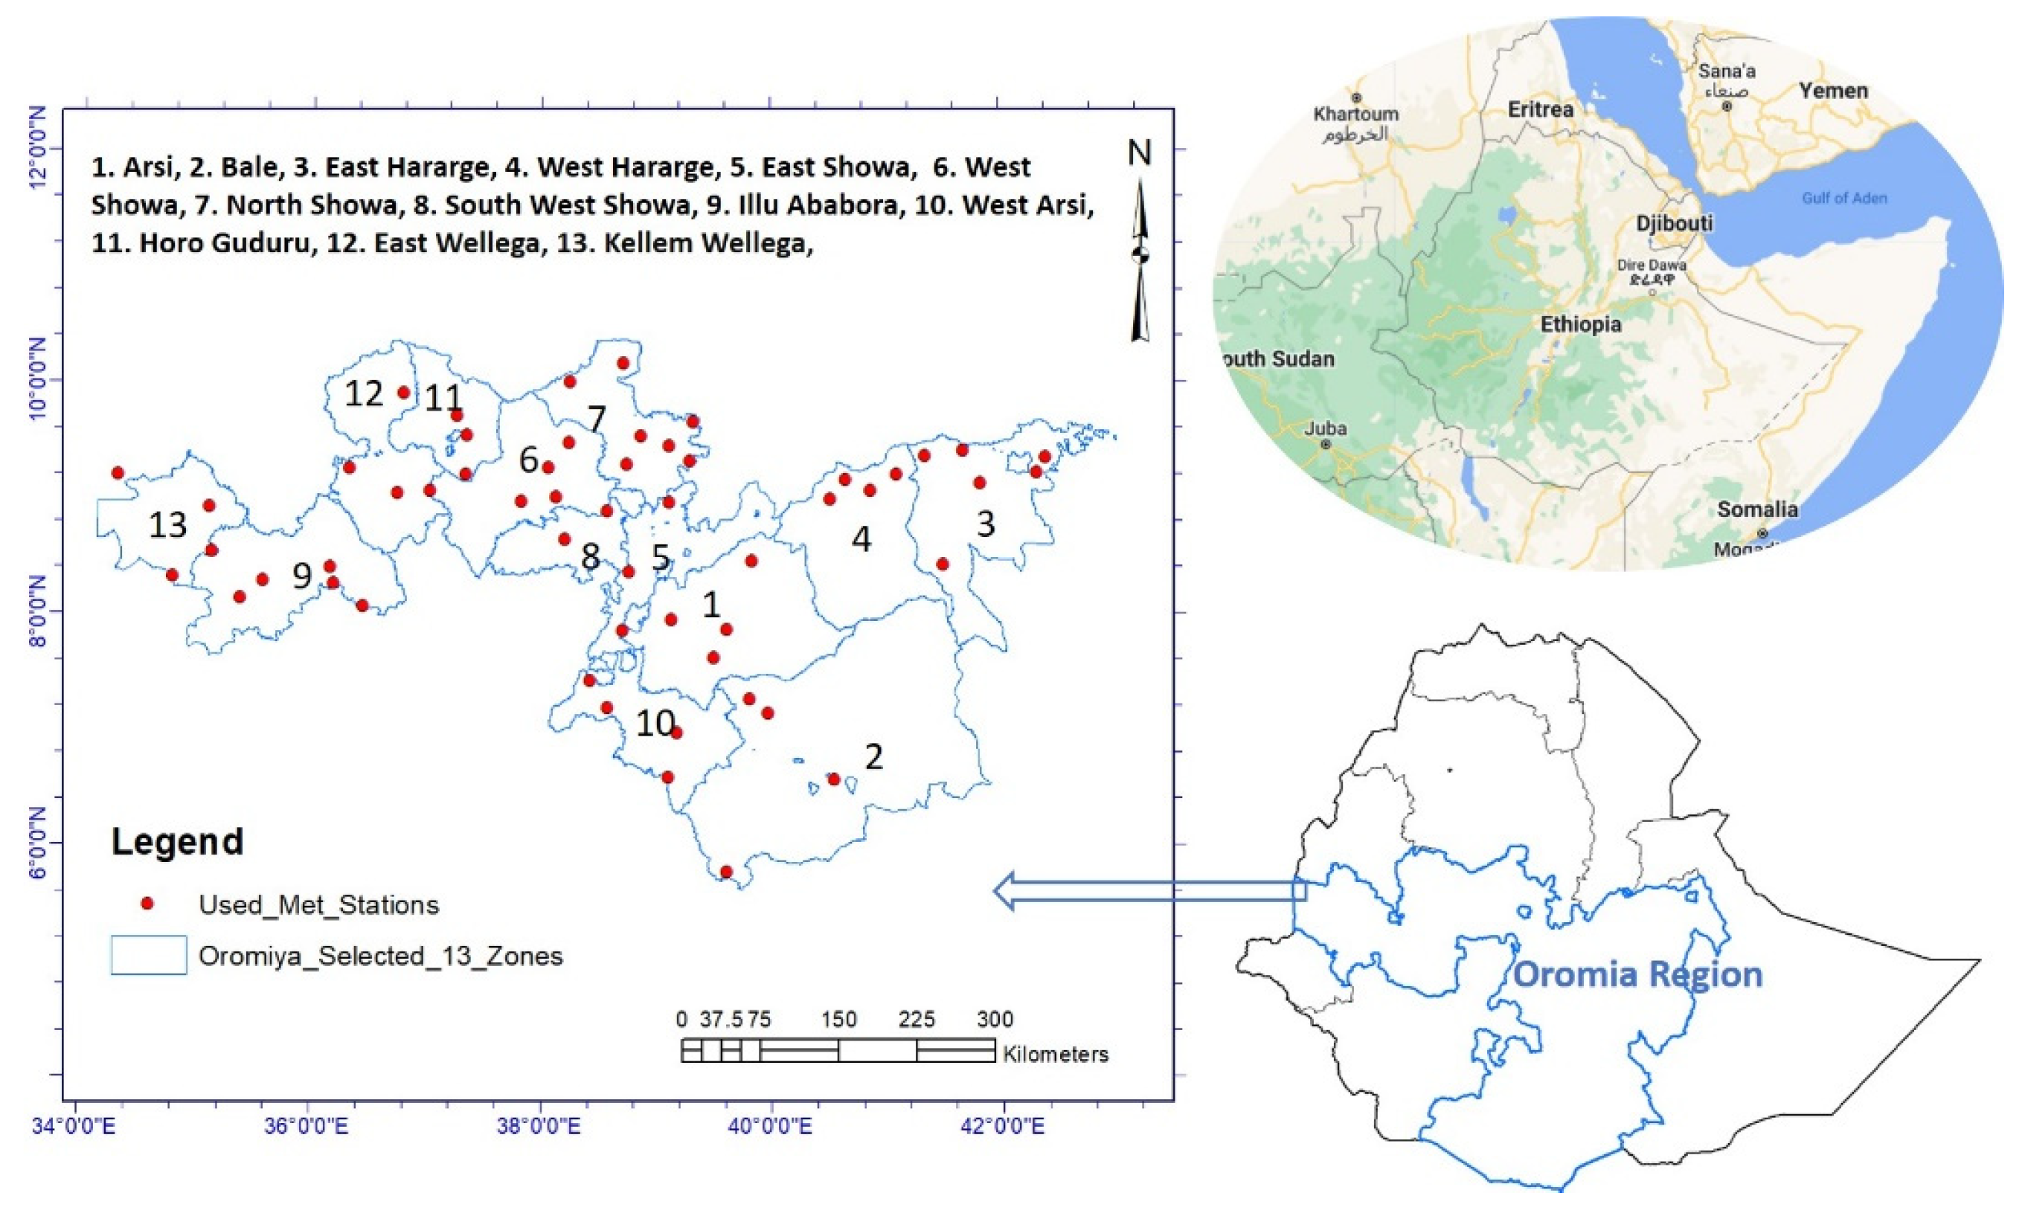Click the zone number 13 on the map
point(167,524)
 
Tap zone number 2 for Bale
point(873,756)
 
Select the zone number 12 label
point(363,394)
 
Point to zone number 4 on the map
point(861,539)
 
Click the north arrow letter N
point(1139,153)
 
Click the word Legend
point(177,841)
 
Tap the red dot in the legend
point(147,904)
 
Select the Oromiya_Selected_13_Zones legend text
point(380,956)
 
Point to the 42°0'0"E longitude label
point(1001,1126)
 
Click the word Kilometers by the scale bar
point(1056,1054)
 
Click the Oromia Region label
point(1637,974)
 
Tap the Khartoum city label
point(1355,114)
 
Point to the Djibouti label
point(1675,223)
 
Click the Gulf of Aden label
point(1844,198)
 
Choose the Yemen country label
point(1833,90)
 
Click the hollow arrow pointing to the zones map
point(1147,892)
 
